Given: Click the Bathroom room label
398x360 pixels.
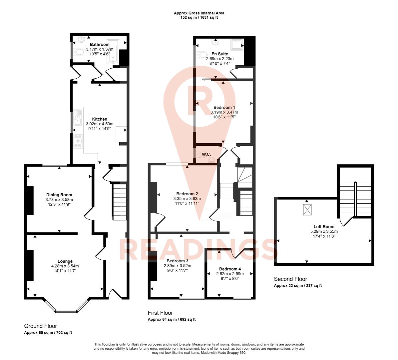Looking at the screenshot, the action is [100, 44].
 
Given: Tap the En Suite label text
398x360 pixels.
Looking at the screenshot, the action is [220, 54].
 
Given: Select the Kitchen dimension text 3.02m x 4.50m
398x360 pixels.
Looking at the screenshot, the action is [100, 124].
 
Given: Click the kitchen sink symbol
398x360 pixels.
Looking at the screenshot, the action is [78, 117].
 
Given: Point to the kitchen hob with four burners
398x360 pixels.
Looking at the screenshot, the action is [78, 141].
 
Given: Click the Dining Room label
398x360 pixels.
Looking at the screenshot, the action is [59, 195].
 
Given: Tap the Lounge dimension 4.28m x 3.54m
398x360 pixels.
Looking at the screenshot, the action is [65, 266].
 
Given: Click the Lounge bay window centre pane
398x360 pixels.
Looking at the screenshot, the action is [66, 311].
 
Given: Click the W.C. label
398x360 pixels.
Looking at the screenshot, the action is [206, 154].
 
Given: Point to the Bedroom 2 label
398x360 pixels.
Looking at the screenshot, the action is [187, 194].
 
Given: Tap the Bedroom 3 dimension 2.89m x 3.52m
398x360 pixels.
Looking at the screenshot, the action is [178, 266].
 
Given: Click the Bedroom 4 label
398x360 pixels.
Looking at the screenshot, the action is [230, 269].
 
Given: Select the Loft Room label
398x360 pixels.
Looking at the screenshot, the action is [324, 227].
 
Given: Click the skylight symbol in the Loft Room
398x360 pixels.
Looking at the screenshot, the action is [307, 210].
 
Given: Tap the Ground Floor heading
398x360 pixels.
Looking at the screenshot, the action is [41, 326].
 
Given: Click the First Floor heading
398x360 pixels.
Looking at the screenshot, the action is [161, 313].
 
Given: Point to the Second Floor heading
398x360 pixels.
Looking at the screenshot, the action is [291, 279].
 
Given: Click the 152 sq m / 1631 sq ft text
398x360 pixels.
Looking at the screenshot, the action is [199, 18].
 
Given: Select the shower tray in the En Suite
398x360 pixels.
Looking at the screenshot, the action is [237, 44].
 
